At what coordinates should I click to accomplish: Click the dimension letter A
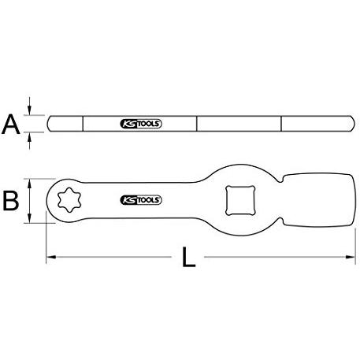point(11,124)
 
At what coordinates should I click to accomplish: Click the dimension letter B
point(11,201)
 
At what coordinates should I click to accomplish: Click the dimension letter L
point(189,257)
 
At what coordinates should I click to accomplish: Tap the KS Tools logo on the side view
point(141,124)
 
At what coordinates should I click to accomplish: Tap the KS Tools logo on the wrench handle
point(141,200)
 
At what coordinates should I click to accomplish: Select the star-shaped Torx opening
point(69,200)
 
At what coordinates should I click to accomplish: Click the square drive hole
point(240,201)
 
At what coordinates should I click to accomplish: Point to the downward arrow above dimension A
point(30,106)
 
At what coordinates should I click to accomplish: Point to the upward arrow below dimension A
point(30,141)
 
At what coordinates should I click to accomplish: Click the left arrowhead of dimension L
point(51,257)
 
